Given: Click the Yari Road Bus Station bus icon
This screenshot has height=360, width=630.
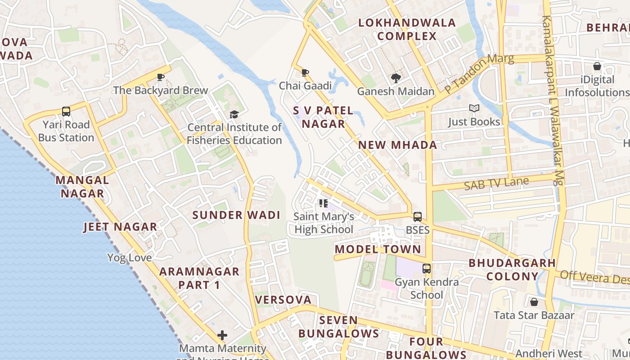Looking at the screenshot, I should (66, 112).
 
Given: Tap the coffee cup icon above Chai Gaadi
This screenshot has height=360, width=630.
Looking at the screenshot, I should (305, 73).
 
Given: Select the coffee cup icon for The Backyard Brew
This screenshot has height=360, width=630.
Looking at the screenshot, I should (161, 77).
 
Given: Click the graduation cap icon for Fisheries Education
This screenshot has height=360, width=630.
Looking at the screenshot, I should (234, 114).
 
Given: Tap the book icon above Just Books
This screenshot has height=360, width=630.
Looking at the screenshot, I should (474, 108).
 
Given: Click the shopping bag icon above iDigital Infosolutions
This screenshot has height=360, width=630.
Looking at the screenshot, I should (597, 67).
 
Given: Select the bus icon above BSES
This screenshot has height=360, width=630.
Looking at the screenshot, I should (418, 217).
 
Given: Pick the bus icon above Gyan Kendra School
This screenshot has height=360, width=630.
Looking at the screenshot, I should (427, 269).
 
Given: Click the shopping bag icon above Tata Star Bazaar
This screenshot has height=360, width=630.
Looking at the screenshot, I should (534, 302).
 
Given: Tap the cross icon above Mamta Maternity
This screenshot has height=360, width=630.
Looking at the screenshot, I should (222, 335).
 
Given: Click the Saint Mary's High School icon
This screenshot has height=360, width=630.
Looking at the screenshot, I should (324, 203).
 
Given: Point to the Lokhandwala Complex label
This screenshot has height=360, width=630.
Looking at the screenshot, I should (407, 29).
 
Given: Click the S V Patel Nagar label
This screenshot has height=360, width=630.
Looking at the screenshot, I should (323, 117).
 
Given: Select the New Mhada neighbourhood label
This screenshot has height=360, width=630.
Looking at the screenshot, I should (397, 145).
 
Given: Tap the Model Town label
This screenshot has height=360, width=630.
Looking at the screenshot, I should (378, 249).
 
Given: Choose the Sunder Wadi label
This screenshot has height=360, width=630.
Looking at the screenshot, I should (236, 215).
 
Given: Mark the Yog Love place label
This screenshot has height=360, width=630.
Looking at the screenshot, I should (130, 258).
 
